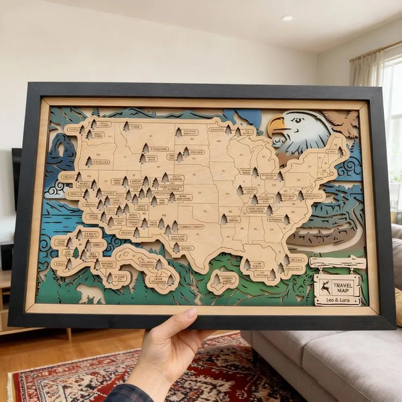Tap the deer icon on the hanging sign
324,285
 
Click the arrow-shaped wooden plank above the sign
337,262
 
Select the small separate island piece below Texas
222,281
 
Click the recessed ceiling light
287,18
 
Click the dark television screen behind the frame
16,178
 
